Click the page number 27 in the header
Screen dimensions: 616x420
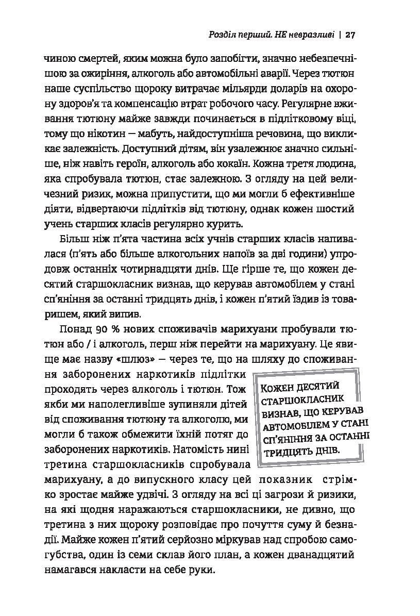pyautogui.click(x=350, y=35)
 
